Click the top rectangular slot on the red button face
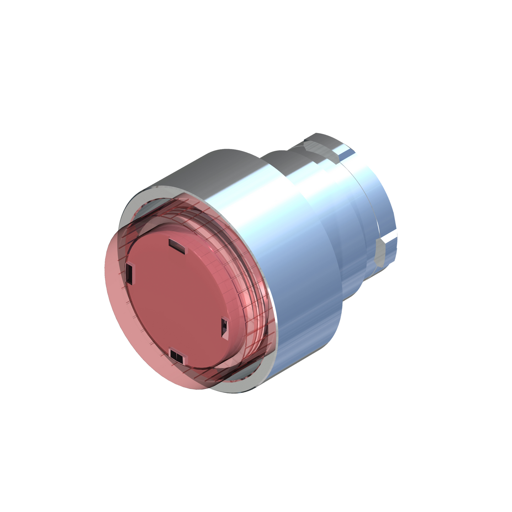pos(177,245)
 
